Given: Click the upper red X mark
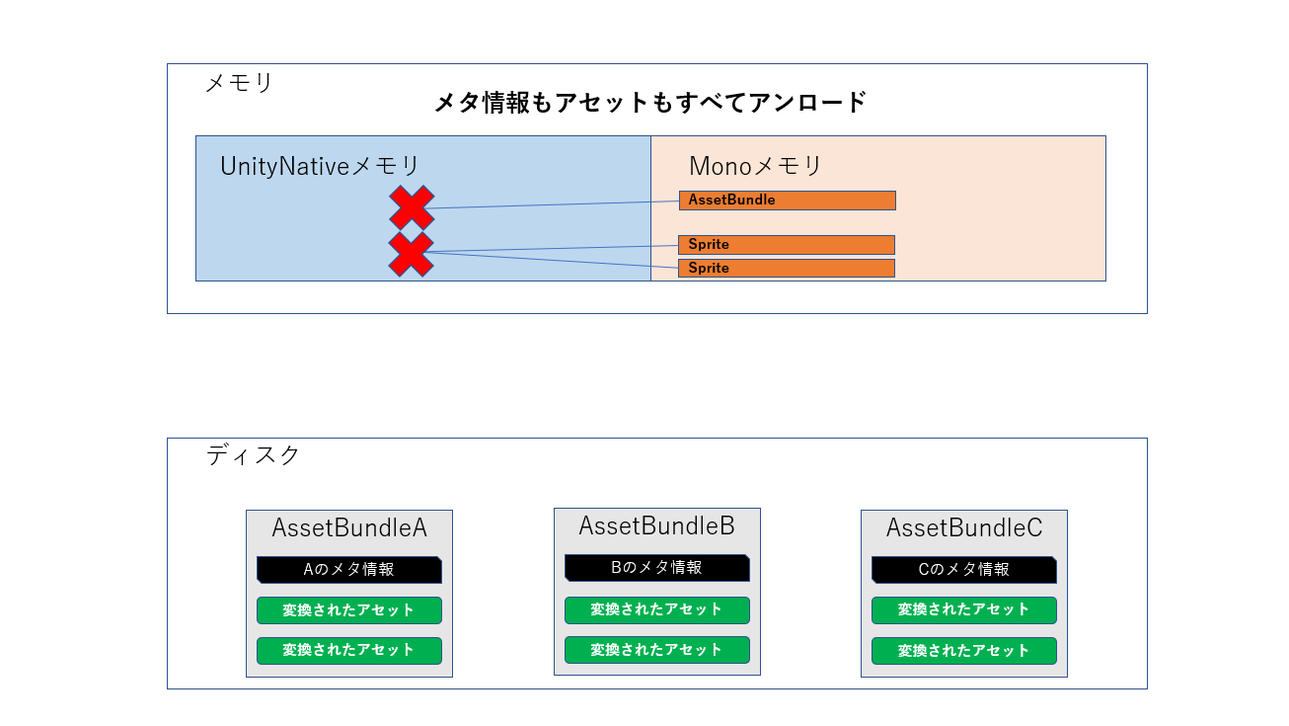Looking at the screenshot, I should tap(412, 207).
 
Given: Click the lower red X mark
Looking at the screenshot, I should tap(412, 254).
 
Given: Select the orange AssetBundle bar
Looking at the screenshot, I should tap(787, 201).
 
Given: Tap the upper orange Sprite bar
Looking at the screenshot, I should tap(786, 245).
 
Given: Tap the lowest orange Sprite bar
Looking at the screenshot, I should tap(786, 268).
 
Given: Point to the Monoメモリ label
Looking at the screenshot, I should tap(755, 166).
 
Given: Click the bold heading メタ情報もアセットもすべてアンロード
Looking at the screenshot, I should tap(650, 102).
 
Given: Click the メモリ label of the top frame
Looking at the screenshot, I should tap(239, 83).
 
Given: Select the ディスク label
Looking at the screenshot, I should tap(253, 455).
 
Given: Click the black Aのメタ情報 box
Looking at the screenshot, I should tap(348, 570).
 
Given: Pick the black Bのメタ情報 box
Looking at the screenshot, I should tap(656, 568).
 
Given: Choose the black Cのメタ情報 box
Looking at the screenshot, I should tap(963, 570).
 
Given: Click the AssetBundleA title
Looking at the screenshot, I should tap(349, 528).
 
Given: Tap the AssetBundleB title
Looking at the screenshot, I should tap(656, 525).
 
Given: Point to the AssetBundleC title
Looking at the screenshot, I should tap(964, 528).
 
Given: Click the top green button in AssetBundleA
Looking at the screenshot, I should tap(348, 610).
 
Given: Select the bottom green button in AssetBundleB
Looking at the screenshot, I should tap(656, 650).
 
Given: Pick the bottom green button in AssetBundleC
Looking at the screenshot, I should tap(963, 651).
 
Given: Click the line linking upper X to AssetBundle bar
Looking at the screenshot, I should tap(553, 204).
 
